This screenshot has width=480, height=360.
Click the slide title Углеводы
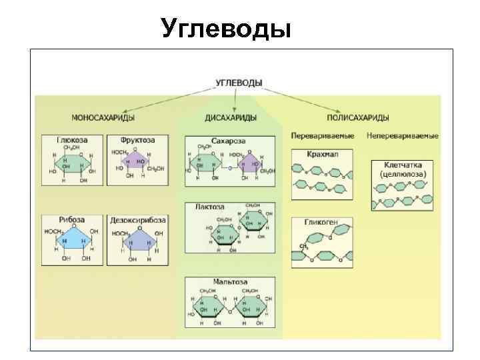point(227,28)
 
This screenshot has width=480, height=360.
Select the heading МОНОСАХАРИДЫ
point(103,117)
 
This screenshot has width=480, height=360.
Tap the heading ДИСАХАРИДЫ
point(230,117)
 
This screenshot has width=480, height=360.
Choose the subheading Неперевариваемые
point(402,136)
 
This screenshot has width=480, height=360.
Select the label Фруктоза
point(138,141)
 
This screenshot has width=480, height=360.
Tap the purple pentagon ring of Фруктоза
point(139,161)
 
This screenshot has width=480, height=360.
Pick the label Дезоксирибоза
point(137,220)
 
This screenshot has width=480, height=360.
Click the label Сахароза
point(229,142)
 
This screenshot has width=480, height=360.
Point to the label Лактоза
point(209,207)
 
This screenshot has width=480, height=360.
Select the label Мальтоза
point(229,281)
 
